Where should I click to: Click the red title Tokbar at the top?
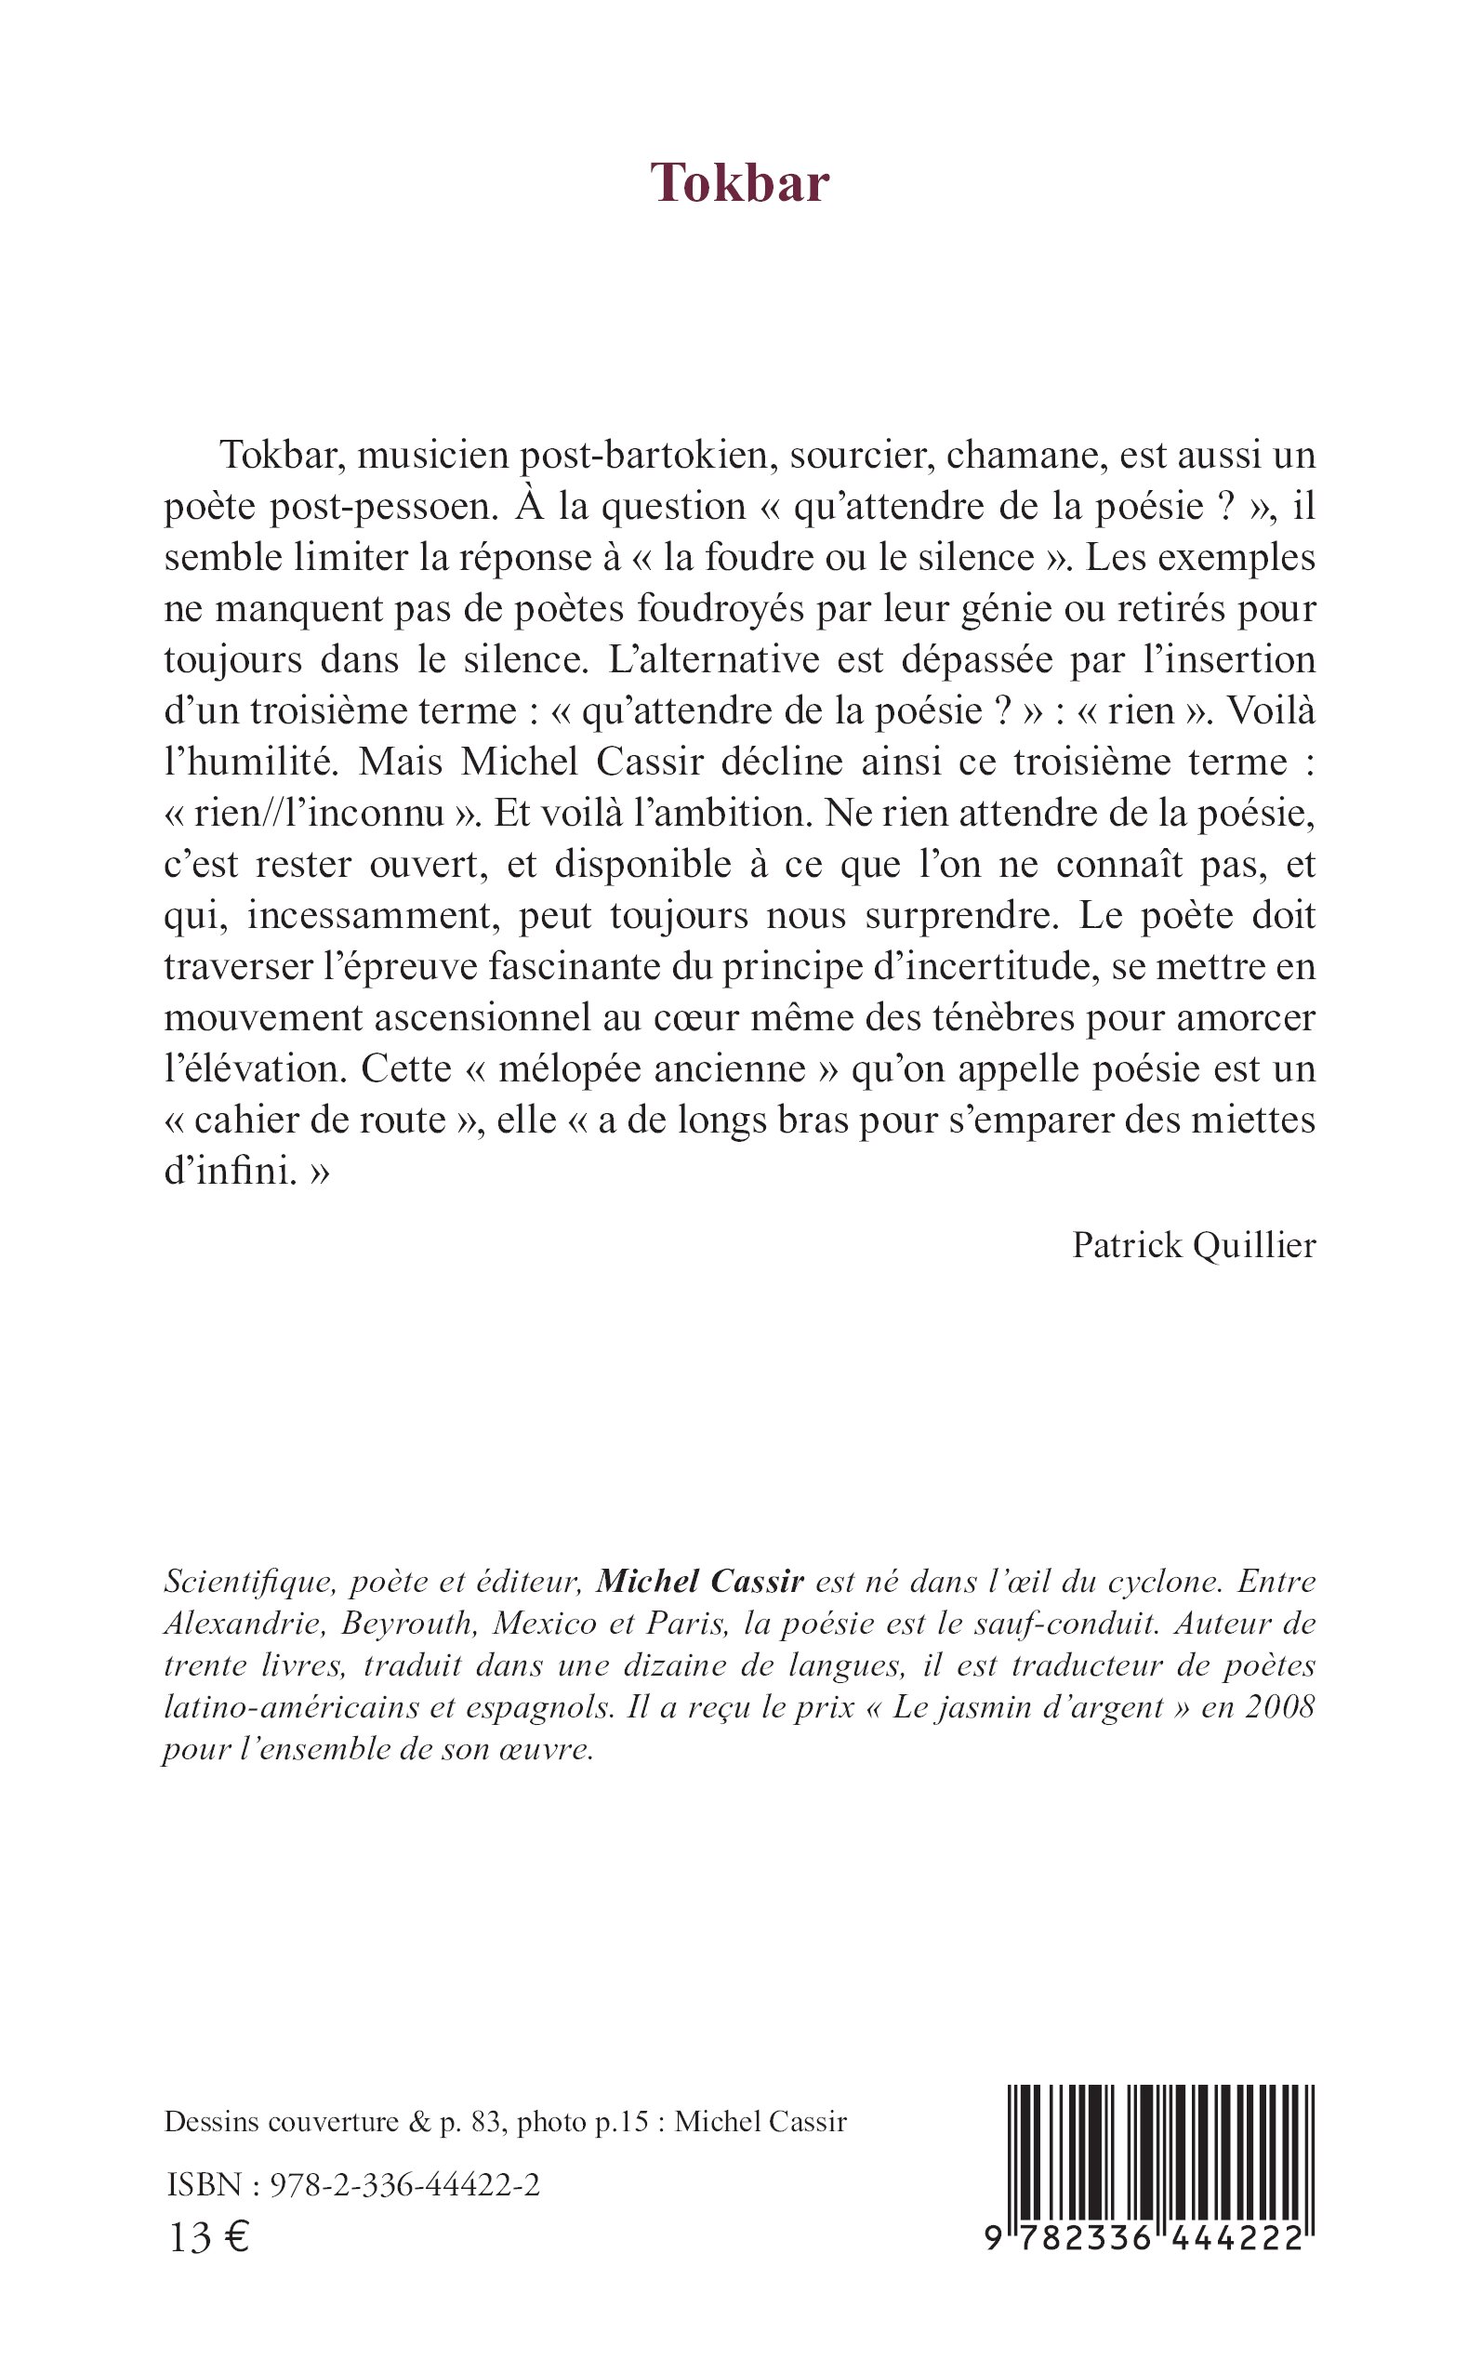pyautogui.click(x=739, y=183)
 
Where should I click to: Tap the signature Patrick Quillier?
pyautogui.click(x=1193, y=1245)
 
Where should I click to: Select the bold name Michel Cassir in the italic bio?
pyautogui.click(x=700, y=1582)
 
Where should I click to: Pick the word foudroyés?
pyautogui.click(x=719, y=608)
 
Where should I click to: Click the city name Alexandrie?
pyautogui.click(x=243, y=1624)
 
